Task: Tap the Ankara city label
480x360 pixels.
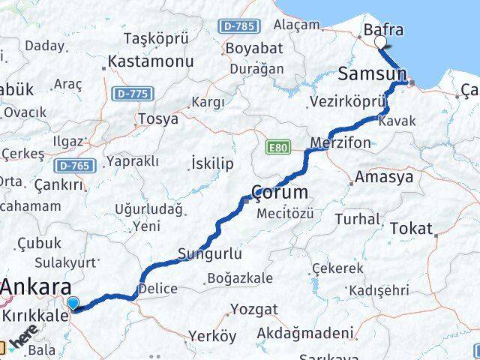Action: [37, 287]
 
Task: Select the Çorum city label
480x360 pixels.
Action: [280, 192]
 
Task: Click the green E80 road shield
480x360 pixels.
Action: [277, 148]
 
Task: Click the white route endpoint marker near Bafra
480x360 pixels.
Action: [381, 42]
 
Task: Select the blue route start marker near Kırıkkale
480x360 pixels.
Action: [73, 303]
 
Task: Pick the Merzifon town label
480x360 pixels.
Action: [342, 142]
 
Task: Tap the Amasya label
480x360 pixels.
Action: [384, 178]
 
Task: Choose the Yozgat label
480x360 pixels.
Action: [253, 309]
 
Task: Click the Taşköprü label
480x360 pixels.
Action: [154, 38]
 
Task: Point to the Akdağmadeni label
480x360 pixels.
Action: [304, 333]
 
